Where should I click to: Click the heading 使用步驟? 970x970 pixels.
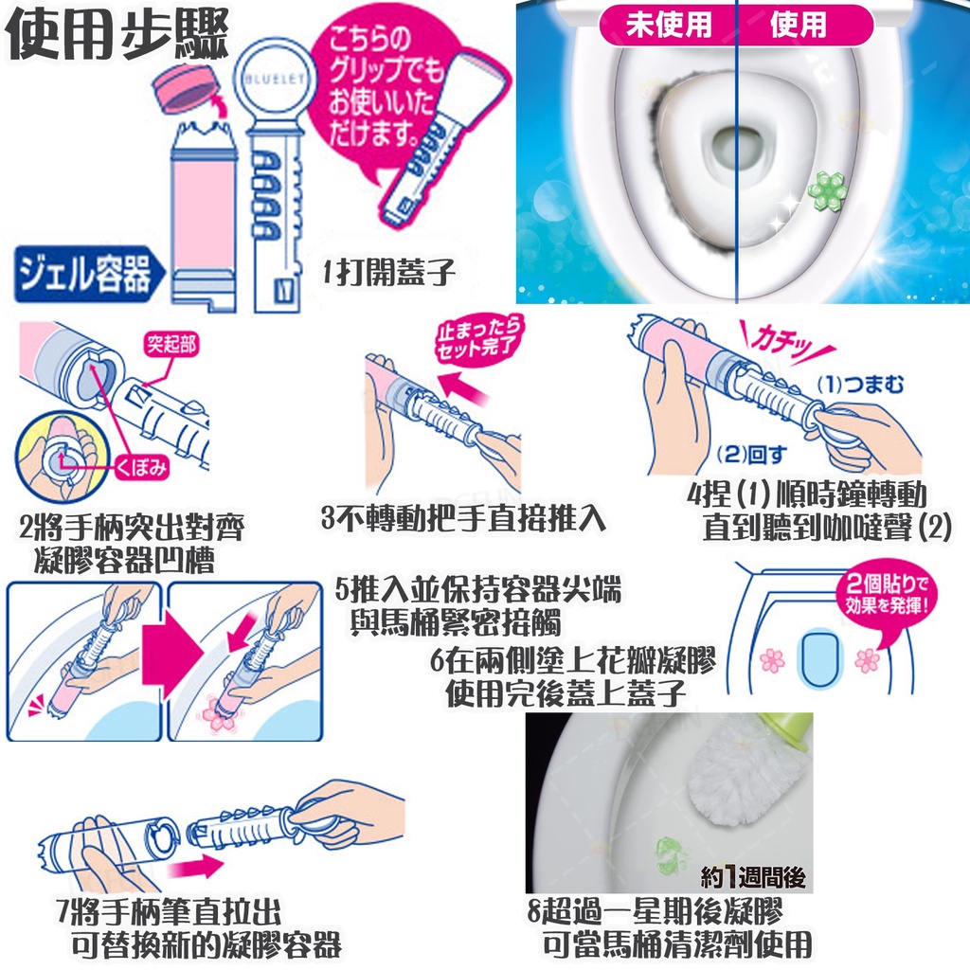point(117,34)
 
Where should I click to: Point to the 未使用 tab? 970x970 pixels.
point(668,26)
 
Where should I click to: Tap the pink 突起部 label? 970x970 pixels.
point(171,344)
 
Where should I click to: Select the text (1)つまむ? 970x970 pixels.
point(860,385)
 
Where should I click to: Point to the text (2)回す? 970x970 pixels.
point(751,455)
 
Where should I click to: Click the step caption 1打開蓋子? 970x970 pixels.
point(388,272)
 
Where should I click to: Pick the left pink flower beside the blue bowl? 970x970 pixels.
point(772,660)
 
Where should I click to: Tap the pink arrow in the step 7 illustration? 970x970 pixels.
point(195,868)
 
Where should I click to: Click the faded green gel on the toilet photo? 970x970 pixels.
point(671,855)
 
